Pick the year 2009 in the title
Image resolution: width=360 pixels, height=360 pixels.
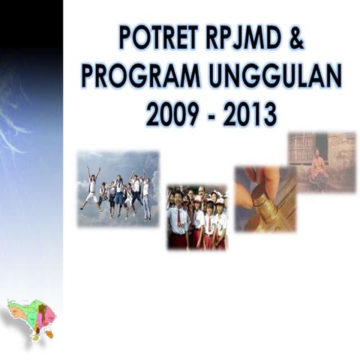pyautogui.click(x=172, y=114)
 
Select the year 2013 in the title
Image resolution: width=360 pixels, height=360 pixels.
pyautogui.click(x=250, y=114)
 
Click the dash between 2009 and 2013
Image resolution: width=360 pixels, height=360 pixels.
pyautogui.click(x=211, y=115)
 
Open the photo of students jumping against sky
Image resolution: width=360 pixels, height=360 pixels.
pyautogui.click(x=118, y=189)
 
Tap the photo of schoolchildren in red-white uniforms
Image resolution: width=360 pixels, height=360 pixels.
pyautogui.click(x=196, y=217)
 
